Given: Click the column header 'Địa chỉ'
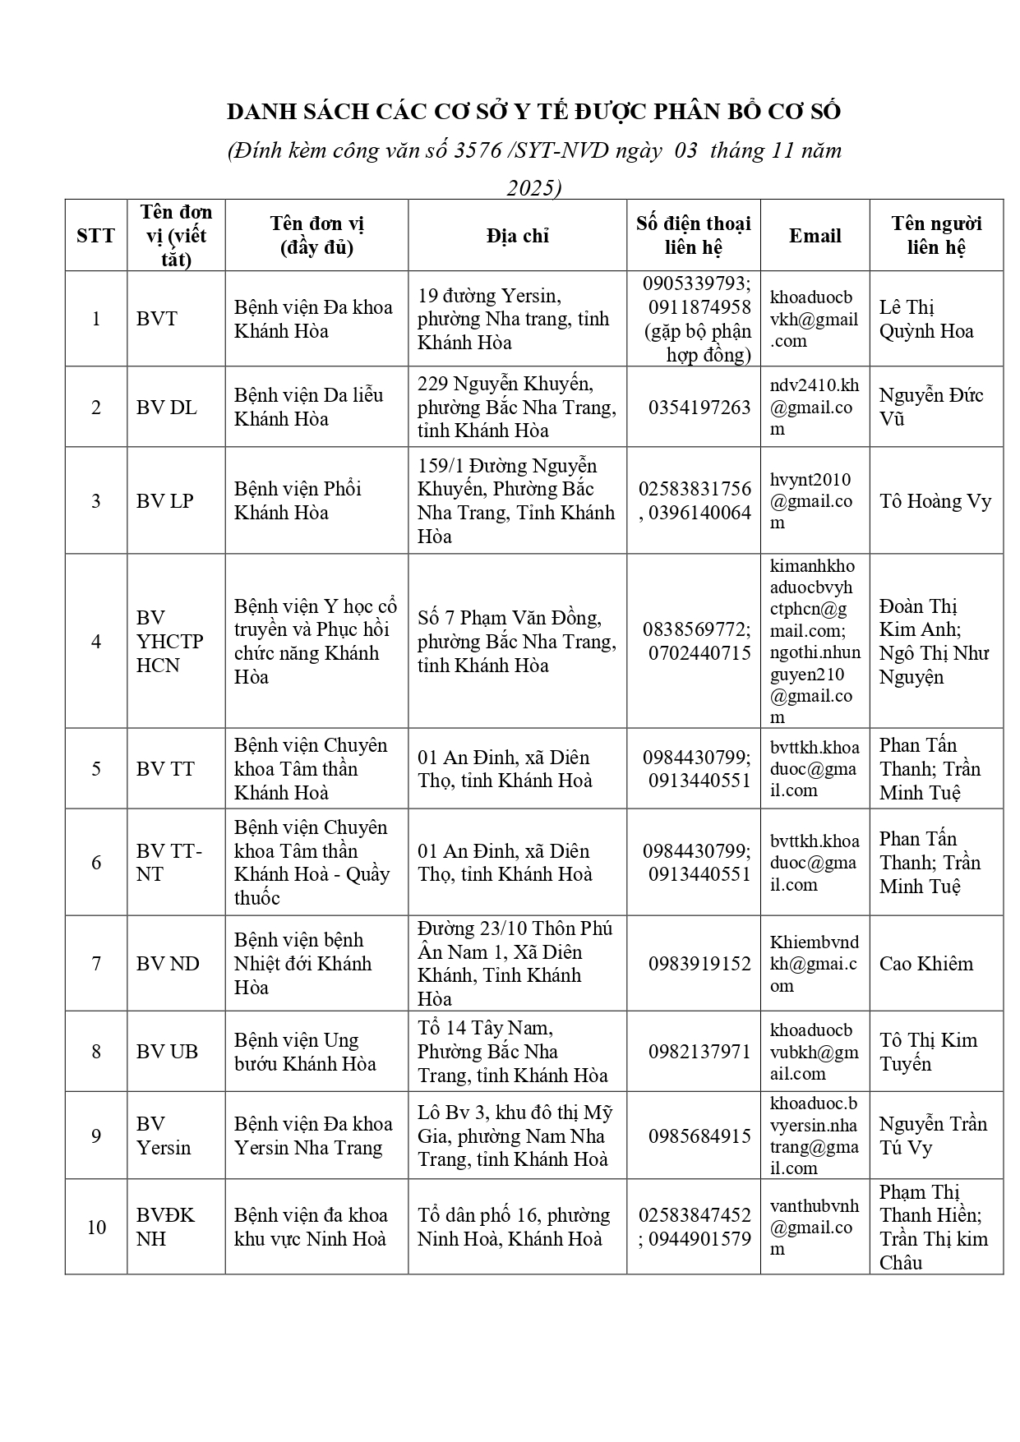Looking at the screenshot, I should click(x=517, y=236).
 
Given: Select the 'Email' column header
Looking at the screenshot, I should click(x=815, y=236).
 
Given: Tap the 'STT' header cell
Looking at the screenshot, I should click(x=95, y=236).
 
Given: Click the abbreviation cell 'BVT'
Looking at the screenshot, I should click(x=157, y=319).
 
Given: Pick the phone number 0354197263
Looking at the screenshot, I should click(x=699, y=408).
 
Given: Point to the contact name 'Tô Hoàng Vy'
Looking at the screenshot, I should click(x=935, y=501).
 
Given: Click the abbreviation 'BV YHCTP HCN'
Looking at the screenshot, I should click(x=169, y=642).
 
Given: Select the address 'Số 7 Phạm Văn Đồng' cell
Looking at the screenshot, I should click(x=516, y=642).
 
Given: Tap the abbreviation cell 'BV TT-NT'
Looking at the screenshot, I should click(x=169, y=863).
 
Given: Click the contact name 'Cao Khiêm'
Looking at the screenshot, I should click(x=926, y=964).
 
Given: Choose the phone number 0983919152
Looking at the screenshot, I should click(x=699, y=964).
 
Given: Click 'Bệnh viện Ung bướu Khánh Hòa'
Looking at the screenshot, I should click(x=305, y=1052).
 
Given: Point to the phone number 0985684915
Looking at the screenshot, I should click(x=699, y=1136).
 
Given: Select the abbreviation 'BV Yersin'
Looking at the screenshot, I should click(x=164, y=1136).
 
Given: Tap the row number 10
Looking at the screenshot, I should click(x=96, y=1228).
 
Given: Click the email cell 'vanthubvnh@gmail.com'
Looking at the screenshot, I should click(x=814, y=1228).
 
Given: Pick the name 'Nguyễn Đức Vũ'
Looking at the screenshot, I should click(x=930, y=407).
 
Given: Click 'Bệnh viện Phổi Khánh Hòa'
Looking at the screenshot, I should click(x=298, y=501).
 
